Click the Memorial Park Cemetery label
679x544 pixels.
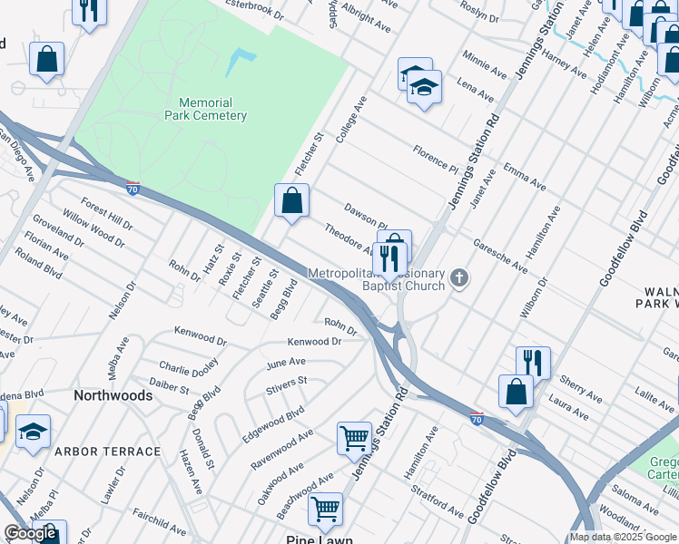click(x=205, y=109)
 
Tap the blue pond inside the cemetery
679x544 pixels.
click(x=240, y=62)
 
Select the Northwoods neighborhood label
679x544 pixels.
click(x=113, y=396)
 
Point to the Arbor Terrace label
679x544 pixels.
click(x=121, y=452)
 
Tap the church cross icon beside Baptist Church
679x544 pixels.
click(x=460, y=277)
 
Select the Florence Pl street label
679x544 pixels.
click(x=435, y=160)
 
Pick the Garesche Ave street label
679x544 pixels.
click(x=498, y=257)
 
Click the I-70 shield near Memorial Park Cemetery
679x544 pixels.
click(x=133, y=189)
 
